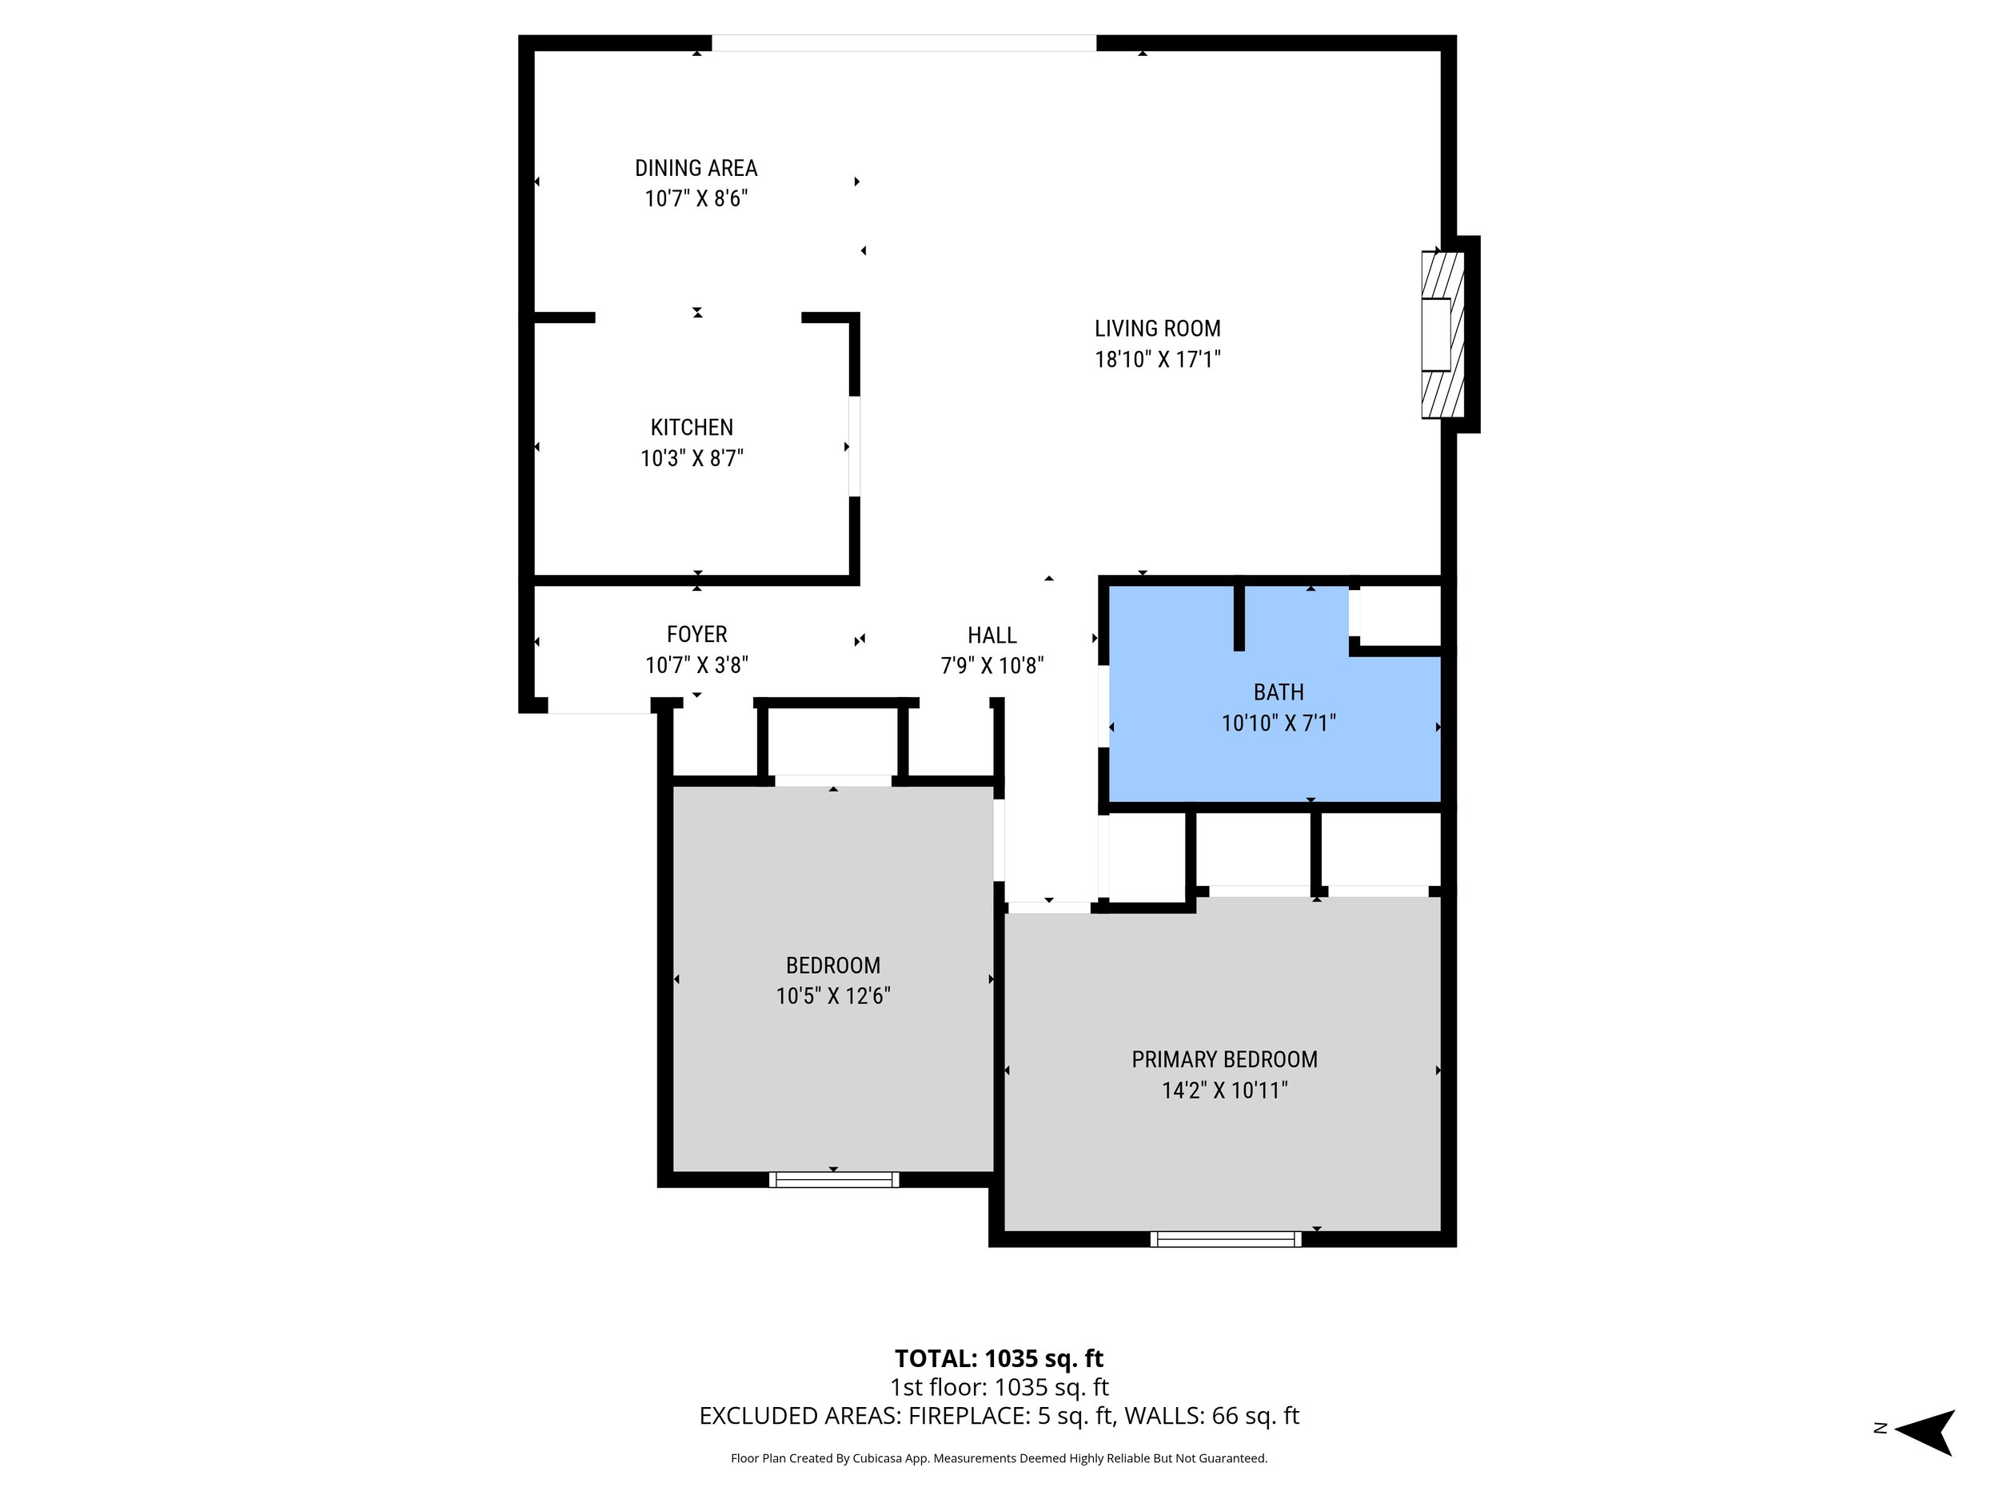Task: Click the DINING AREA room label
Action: click(x=696, y=168)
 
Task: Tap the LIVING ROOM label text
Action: click(x=1157, y=329)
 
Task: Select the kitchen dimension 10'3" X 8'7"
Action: click(x=692, y=458)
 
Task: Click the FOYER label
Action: click(x=696, y=634)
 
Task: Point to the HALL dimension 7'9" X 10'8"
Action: click(x=992, y=666)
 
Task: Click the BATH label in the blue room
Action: click(x=1278, y=692)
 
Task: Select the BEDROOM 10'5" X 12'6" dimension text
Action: click(x=832, y=995)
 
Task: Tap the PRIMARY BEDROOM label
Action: click(x=1223, y=1059)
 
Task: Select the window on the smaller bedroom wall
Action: click(x=833, y=1179)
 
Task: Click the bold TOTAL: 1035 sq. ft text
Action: click(x=999, y=1358)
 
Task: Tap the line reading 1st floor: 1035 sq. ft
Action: click(x=999, y=1387)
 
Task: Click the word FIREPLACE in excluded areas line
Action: click(x=967, y=1416)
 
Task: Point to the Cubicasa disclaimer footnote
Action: click(x=999, y=1458)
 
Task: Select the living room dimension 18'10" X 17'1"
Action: click(x=1157, y=360)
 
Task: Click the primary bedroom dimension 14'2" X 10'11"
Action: click(x=1223, y=1090)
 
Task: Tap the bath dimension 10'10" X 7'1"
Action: click(x=1278, y=723)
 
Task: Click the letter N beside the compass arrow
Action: click(x=1880, y=1429)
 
